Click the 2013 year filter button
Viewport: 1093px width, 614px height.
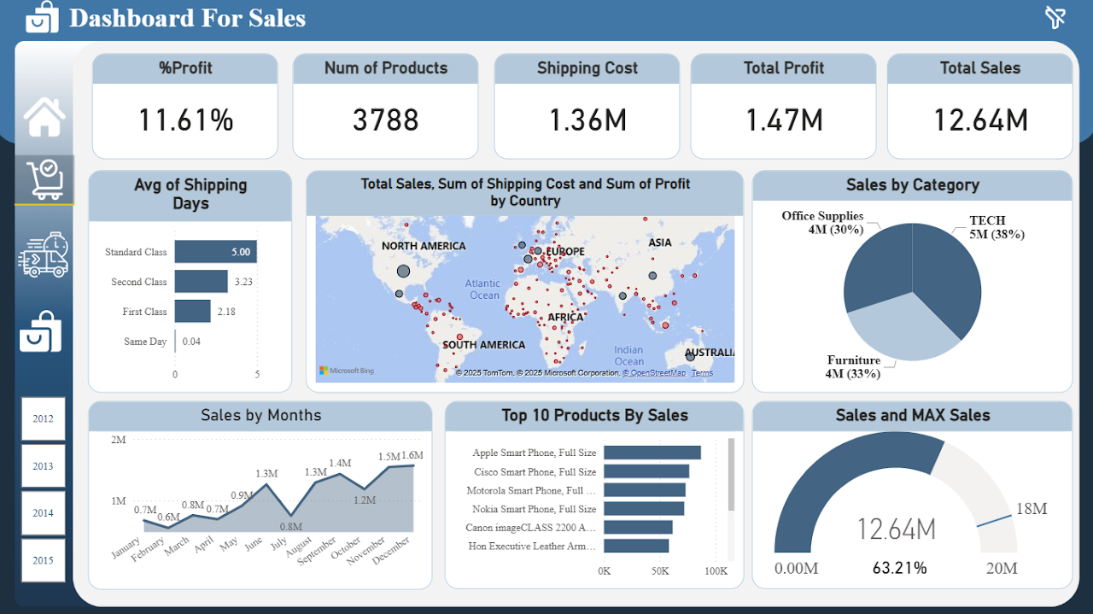pos(43,466)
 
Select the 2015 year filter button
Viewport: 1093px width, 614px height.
pos(43,560)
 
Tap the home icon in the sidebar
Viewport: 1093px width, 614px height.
pos(44,117)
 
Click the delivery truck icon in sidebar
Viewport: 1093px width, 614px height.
pos(44,254)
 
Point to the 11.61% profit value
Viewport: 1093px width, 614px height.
pos(185,120)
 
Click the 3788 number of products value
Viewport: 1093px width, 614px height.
pos(386,120)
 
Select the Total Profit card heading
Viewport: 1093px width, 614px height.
pos(784,68)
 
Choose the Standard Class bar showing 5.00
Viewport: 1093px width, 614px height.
pos(215,252)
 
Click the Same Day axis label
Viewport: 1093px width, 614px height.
pos(145,342)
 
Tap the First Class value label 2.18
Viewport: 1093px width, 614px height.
pos(226,312)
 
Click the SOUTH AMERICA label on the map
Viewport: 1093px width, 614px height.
pos(483,345)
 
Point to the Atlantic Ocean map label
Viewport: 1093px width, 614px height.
pos(483,289)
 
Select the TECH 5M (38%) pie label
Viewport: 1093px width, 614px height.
pos(997,227)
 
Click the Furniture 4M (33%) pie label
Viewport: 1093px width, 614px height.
pos(853,367)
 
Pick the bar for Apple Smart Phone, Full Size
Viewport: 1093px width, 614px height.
pos(652,453)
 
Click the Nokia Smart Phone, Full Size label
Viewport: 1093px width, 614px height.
pos(535,509)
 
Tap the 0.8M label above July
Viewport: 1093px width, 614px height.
pos(290,527)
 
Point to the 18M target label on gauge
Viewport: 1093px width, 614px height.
pos(1031,509)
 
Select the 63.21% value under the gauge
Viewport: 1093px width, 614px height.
pos(899,568)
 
